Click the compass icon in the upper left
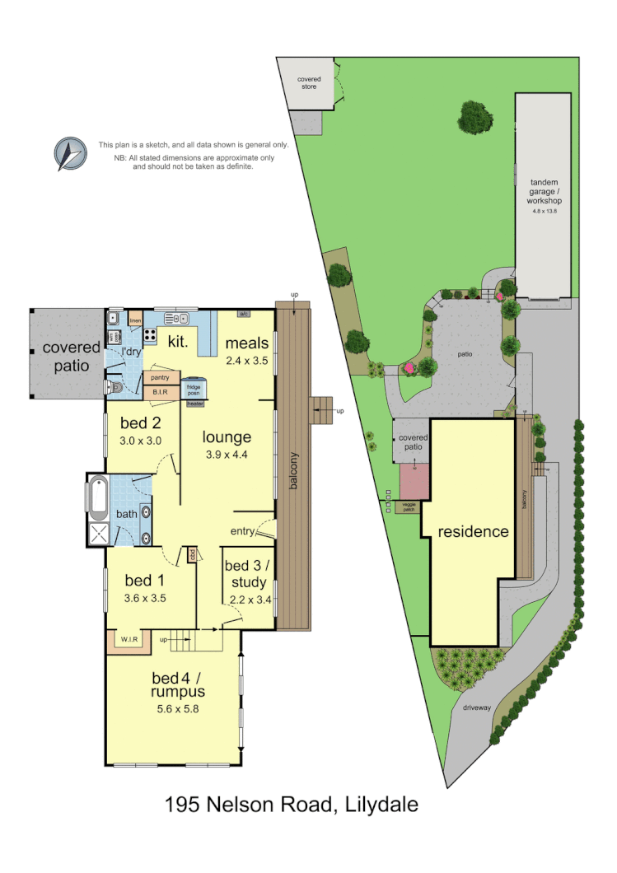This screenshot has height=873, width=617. [x=70, y=154]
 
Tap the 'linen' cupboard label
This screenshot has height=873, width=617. [x=136, y=319]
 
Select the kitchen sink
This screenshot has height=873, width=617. [x=178, y=318]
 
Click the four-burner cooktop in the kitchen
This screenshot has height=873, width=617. [x=151, y=335]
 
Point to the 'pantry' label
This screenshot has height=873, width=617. [x=160, y=377]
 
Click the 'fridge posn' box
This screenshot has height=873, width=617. [x=194, y=389]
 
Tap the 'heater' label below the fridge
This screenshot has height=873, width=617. [x=194, y=404]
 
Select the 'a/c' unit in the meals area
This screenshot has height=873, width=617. [x=244, y=314]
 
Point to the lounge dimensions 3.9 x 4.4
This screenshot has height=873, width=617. [x=227, y=454]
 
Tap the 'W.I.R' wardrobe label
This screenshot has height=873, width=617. [x=129, y=639]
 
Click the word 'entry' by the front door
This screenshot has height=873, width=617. [x=242, y=531]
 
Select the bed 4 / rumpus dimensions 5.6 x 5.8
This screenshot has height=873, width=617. [x=177, y=707]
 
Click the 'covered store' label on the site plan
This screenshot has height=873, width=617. [x=309, y=82]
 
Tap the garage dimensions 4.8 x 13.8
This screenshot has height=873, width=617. [x=545, y=212]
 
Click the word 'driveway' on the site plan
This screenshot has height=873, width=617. [x=475, y=707]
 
